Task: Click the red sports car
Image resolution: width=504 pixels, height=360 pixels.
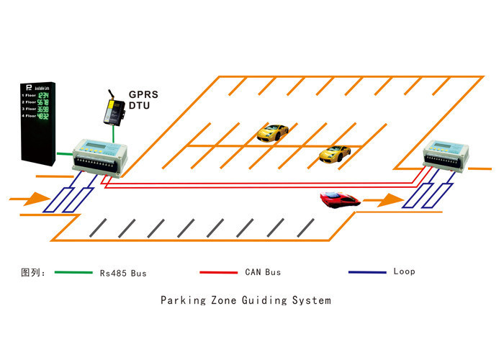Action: pos(340,199)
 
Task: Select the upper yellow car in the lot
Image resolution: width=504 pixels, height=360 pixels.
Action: pos(274,132)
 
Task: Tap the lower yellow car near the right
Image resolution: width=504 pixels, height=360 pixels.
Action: pos(335,153)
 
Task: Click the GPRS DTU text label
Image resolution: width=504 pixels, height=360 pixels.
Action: pos(143,100)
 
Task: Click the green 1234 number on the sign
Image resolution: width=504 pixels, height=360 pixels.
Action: pos(44,95)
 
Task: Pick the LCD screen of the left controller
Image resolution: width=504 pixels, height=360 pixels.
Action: pos(94,147)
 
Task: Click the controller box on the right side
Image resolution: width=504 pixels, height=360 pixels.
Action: pos(447,158)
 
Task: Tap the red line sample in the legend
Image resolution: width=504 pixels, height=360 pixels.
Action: pos(218,273)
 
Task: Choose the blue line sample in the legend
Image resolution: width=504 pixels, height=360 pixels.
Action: pos(367,272)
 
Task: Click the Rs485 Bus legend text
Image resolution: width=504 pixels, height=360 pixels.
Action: pos(122,273)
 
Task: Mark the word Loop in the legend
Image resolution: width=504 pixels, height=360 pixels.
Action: pos(404,271)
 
